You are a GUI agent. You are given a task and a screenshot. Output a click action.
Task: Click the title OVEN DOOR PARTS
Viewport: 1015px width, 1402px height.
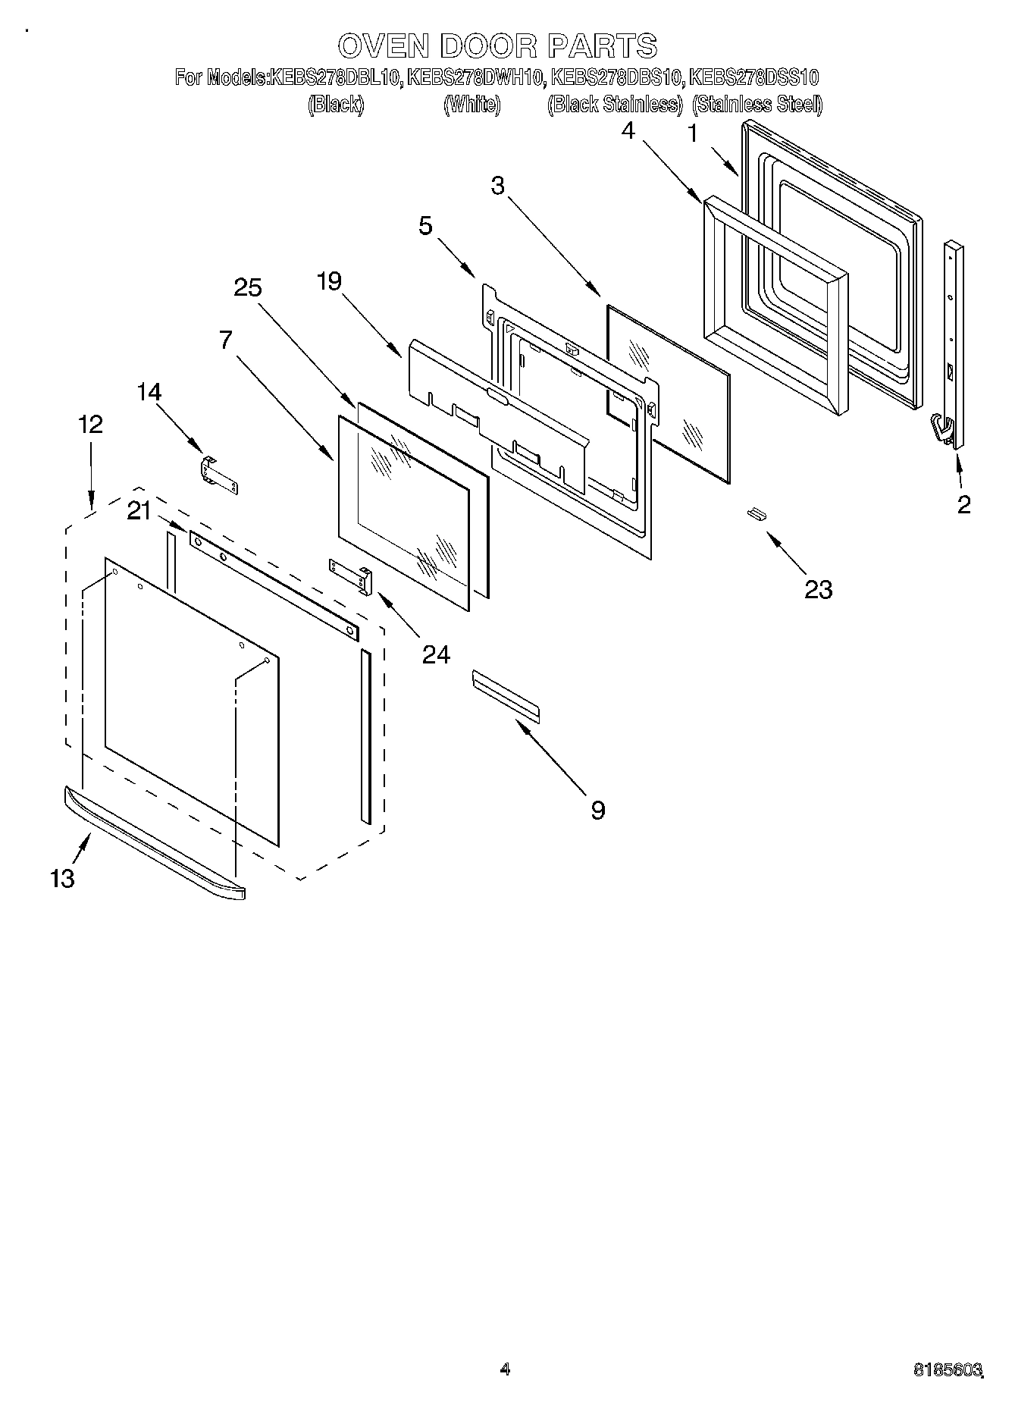pos(497,46)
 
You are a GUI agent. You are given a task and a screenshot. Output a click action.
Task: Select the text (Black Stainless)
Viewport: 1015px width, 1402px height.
pos(615,105)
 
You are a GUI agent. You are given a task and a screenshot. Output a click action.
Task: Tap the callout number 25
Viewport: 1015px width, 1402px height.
pos(247,288)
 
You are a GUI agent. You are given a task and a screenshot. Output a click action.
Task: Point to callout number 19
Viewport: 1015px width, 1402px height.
pos(329,281)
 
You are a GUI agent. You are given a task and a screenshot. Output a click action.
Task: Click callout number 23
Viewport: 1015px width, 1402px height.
pos(818,589)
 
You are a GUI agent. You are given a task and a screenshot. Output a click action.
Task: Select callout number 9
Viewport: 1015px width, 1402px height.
pos(598,811)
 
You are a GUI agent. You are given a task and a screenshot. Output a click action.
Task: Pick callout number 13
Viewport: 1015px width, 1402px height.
pos(62,878)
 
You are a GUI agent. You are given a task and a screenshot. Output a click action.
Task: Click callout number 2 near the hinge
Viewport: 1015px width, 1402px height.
pos(963,504)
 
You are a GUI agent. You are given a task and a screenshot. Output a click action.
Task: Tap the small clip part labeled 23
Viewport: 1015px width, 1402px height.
pos(756,514)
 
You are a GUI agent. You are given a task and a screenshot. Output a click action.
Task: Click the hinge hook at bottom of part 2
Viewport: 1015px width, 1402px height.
pos(942,429)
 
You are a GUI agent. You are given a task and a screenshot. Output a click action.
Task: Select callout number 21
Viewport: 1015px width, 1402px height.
pos(139,512)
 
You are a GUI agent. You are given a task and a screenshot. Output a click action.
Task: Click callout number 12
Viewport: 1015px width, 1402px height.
pos(90,424)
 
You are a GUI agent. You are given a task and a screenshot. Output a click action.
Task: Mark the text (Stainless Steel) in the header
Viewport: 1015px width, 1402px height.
pos(757,105)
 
